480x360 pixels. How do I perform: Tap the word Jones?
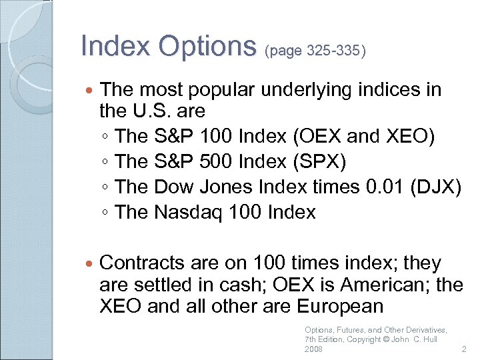223,187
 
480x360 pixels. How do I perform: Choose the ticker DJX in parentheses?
439,187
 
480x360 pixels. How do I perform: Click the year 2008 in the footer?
313,349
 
